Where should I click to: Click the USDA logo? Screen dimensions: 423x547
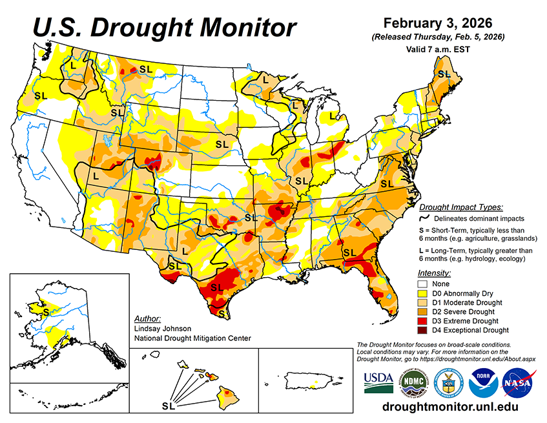click(x=378, y=382)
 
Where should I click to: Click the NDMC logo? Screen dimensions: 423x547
click(x=413, y=382)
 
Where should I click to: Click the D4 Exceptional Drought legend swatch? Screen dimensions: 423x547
click(x=424, y=330)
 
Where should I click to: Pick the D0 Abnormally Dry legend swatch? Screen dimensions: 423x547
click(x=424, y=293)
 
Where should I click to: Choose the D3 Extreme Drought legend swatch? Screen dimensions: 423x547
click(x=424, y=321)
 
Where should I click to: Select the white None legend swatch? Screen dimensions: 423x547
click(x=424, y=284)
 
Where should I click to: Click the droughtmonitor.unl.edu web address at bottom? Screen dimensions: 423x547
click(x=450, y=408)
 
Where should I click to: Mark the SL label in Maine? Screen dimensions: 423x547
click(x=444, y=74)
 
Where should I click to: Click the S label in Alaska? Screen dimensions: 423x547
click(x=46, y=311)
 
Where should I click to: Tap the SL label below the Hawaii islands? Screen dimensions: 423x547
click(x=169, y=407)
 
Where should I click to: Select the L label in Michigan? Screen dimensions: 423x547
click(x=333, y=116)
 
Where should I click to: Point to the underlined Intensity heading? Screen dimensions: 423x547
click(x=434, y=273)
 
